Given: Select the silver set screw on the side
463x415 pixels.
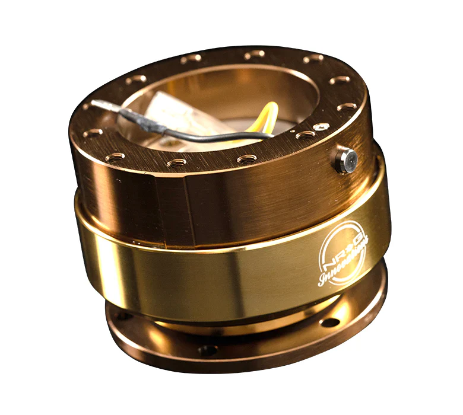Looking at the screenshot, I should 345,159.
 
